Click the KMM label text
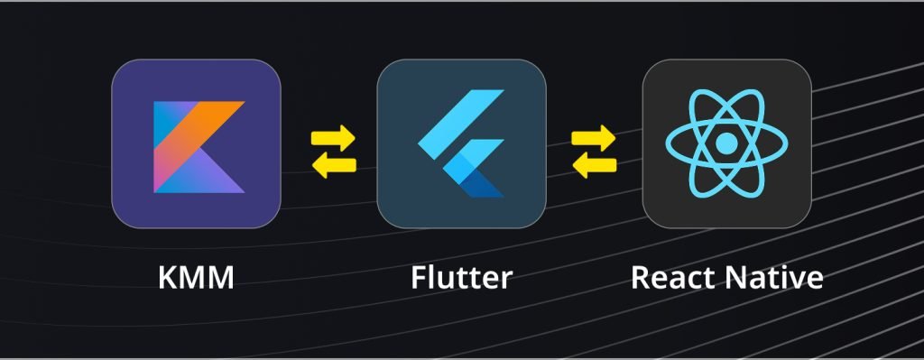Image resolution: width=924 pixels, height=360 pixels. [196, 277]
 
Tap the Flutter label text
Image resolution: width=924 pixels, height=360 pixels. [461, 277]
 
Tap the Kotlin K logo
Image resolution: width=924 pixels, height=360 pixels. [199, 147]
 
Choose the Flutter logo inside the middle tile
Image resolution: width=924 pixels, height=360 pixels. [461, 143]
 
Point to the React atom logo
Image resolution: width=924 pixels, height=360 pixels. [726, 143]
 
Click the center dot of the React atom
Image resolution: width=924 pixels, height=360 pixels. [726, 143]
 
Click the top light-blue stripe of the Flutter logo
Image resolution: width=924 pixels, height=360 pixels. [461, 125]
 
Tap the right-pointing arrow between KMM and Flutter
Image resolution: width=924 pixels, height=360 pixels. [333, 138]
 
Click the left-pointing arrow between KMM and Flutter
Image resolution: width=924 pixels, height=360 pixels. [334, 166]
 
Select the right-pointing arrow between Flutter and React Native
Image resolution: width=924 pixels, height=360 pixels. [594, 138]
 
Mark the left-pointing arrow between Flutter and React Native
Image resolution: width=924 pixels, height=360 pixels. [594, 166]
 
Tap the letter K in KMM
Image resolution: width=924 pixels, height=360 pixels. [168, 277]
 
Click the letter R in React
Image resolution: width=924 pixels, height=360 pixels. [641, 277]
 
